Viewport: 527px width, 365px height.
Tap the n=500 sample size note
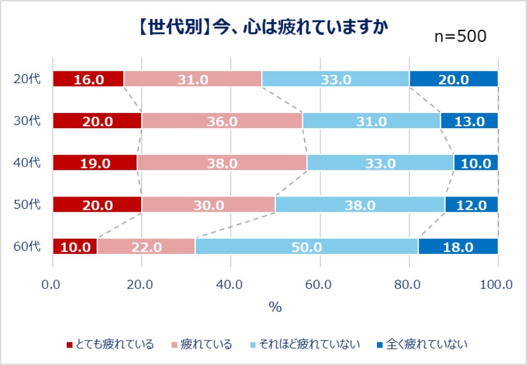460,36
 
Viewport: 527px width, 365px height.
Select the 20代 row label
27,78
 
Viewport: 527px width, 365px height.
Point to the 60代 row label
27,246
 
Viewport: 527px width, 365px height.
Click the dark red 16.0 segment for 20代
88,79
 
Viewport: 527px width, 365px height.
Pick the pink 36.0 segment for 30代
221,121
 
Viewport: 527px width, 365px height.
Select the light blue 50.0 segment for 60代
306,247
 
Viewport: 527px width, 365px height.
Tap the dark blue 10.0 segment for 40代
475,163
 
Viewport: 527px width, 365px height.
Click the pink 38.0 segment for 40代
221,163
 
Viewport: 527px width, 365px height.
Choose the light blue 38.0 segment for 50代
360,205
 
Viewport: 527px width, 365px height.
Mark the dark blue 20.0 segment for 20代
454,79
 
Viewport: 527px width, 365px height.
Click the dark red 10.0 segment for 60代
75,247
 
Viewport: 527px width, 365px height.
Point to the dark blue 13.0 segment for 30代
469,121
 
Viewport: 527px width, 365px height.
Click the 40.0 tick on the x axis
231,285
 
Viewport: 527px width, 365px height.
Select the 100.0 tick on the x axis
497,285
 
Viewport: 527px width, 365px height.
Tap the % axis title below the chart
275,307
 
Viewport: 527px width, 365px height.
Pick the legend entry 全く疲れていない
422,344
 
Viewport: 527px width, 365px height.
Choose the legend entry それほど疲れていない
304,344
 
